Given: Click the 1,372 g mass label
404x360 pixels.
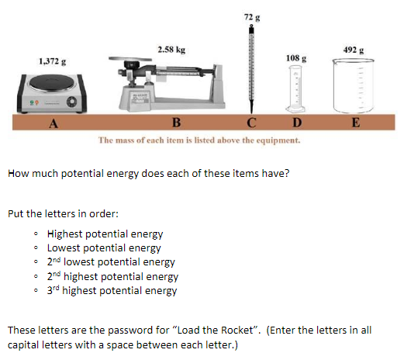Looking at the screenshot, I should click(53, 61).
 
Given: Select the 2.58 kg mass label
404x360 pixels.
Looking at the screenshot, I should click(171, 50).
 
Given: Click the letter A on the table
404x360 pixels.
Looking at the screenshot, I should click(53, 123).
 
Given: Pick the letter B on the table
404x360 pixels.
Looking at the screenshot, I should click(176, 123).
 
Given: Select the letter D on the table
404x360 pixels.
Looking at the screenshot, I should click(297, 123).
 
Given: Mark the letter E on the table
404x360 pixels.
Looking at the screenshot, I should click(355, 123).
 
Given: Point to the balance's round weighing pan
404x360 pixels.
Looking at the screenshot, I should click(135, 60).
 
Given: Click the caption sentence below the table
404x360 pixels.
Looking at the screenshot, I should click(199, 140).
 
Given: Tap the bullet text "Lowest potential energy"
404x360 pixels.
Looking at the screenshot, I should click(104, 248).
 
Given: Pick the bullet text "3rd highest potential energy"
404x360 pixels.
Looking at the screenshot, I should click(112, 291).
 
